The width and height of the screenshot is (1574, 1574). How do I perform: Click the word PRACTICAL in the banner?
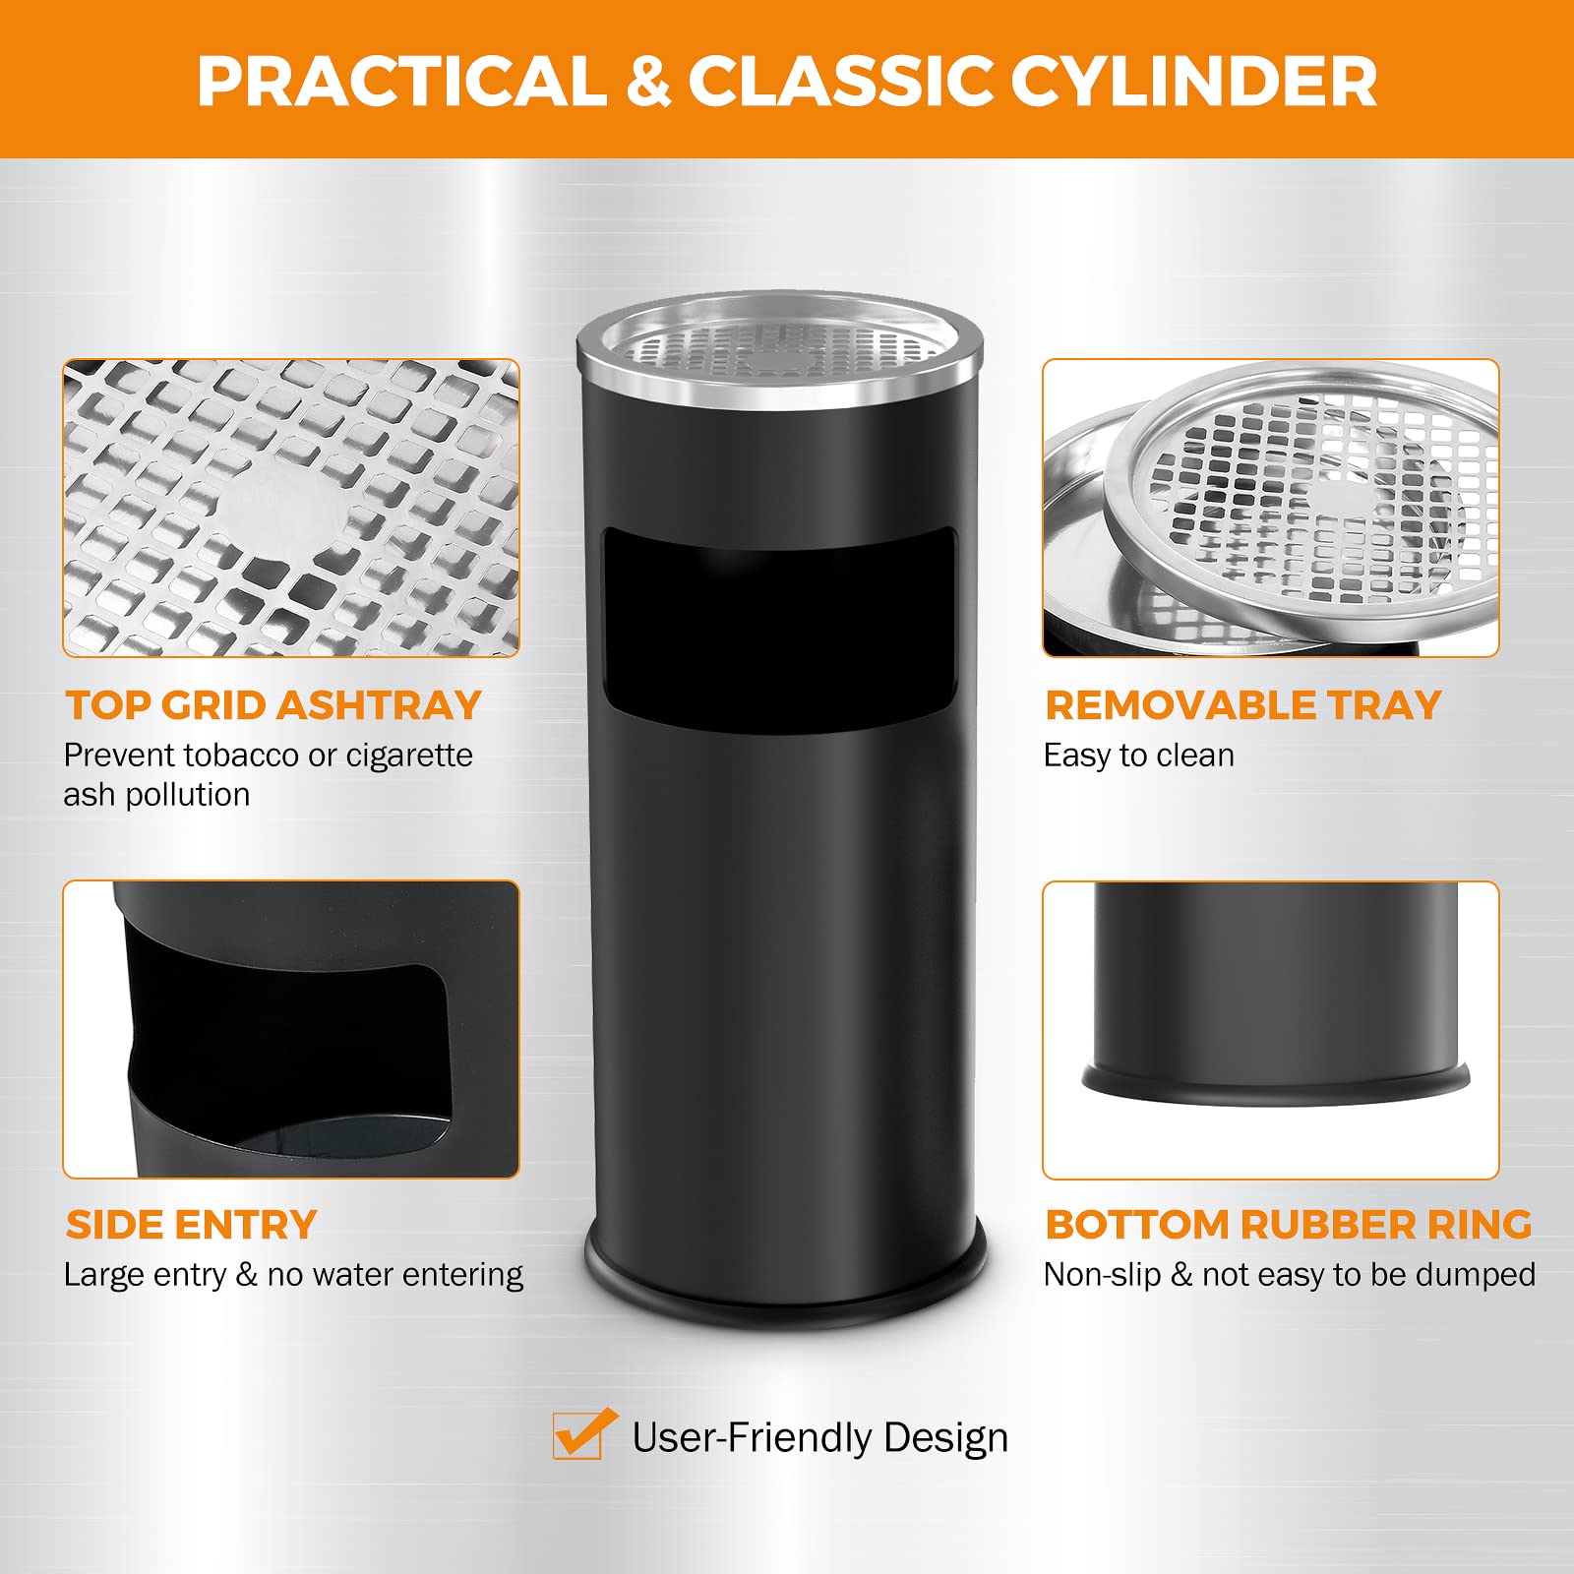click(402, 81)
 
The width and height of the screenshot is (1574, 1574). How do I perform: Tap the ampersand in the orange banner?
click(648, 81)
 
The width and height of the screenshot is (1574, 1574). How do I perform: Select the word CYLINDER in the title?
click(1193, 81)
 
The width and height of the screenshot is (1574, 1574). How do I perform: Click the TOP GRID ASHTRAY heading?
click(273, 705)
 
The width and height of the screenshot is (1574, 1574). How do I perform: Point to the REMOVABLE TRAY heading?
click(1243, 705)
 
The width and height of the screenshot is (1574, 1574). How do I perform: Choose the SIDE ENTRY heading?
click(191, 1225)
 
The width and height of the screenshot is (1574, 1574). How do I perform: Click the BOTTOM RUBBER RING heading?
click(1289, 1225)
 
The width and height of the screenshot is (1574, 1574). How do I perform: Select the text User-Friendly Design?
click(820, 1438)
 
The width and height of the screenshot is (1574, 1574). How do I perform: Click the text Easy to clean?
click(1139, 756)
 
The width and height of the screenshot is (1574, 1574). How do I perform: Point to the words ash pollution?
click(157, 794)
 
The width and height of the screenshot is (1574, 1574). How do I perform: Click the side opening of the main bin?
click(779, 630)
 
